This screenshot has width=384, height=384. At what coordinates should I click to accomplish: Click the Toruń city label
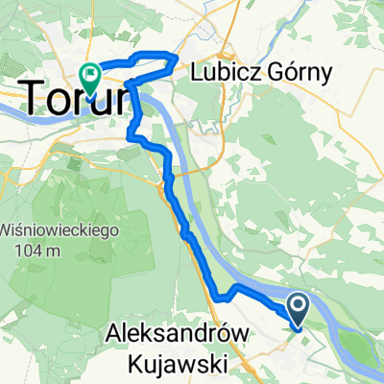click(x=72, y=97)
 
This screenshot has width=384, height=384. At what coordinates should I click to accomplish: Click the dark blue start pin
click(x=299, y=307)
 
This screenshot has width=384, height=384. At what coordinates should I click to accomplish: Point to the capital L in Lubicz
click(x=199, y=71)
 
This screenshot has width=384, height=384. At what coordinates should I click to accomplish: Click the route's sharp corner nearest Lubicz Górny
click(x=177, y=60)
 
